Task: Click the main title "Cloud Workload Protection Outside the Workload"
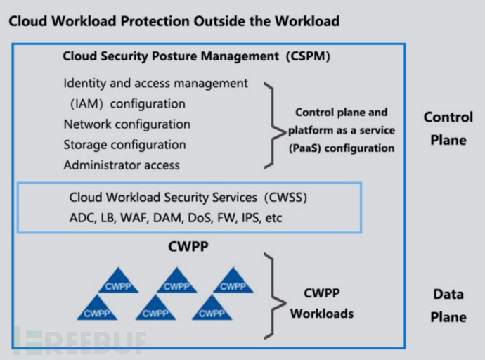(x=174, y=21)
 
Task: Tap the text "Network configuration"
(x=127, y=124)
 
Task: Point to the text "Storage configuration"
(x=124, y=145)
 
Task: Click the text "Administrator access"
(x=122, y=166)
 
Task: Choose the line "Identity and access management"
(x=155, y=83)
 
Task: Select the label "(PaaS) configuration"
(x=341, y=148)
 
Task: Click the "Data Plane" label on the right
(x=448, y=306)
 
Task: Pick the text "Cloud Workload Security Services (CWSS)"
(x=188, y=198)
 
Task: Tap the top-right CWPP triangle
(x=233, y=282)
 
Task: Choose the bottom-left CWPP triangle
(x=97, y=309)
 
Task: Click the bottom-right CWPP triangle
(x=212, y=309)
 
